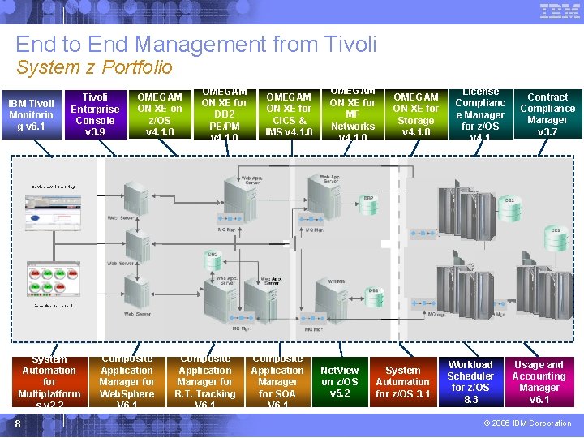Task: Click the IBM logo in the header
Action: [560, 11]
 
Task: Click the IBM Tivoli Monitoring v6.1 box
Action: [31, 114]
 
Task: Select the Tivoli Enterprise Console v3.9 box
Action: [95, 114]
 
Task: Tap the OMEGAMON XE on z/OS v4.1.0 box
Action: [160, 114]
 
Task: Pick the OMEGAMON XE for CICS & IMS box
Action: [289, 114]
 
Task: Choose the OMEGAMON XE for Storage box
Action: [416, 114]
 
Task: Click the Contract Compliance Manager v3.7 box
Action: [547, 114]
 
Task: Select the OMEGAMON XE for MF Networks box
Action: [353, 114]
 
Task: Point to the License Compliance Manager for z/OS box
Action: [481, 114]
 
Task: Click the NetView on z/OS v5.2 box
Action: [340, 382]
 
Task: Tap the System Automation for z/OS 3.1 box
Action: [403, 382]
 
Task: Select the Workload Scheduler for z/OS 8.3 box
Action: [470, 382]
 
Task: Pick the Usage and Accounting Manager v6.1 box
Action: [539, 382]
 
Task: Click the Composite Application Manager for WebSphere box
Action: [127, 382]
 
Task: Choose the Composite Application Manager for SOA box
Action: [277, 382]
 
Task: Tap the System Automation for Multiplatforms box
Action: [49, 382]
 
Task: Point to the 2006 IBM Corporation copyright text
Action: [527, 423]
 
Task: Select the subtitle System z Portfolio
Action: [94, 67]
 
